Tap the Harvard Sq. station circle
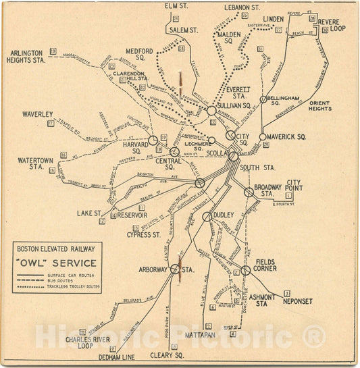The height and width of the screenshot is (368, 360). pos(153,140)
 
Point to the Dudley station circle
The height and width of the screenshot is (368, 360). pos(207,217)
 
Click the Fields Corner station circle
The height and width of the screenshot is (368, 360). pos(246,270)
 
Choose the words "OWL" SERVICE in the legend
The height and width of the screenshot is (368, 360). pos(57,263)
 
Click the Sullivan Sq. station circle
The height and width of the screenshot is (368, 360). pos(211,110)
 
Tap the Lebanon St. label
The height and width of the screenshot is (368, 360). pos(242,7)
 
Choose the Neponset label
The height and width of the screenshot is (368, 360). pos(297,301)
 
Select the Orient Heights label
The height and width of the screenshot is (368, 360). pos(320,105)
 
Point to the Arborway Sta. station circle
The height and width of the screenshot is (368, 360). pos(175,268)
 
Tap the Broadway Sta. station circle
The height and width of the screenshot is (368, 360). pos(249,192)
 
